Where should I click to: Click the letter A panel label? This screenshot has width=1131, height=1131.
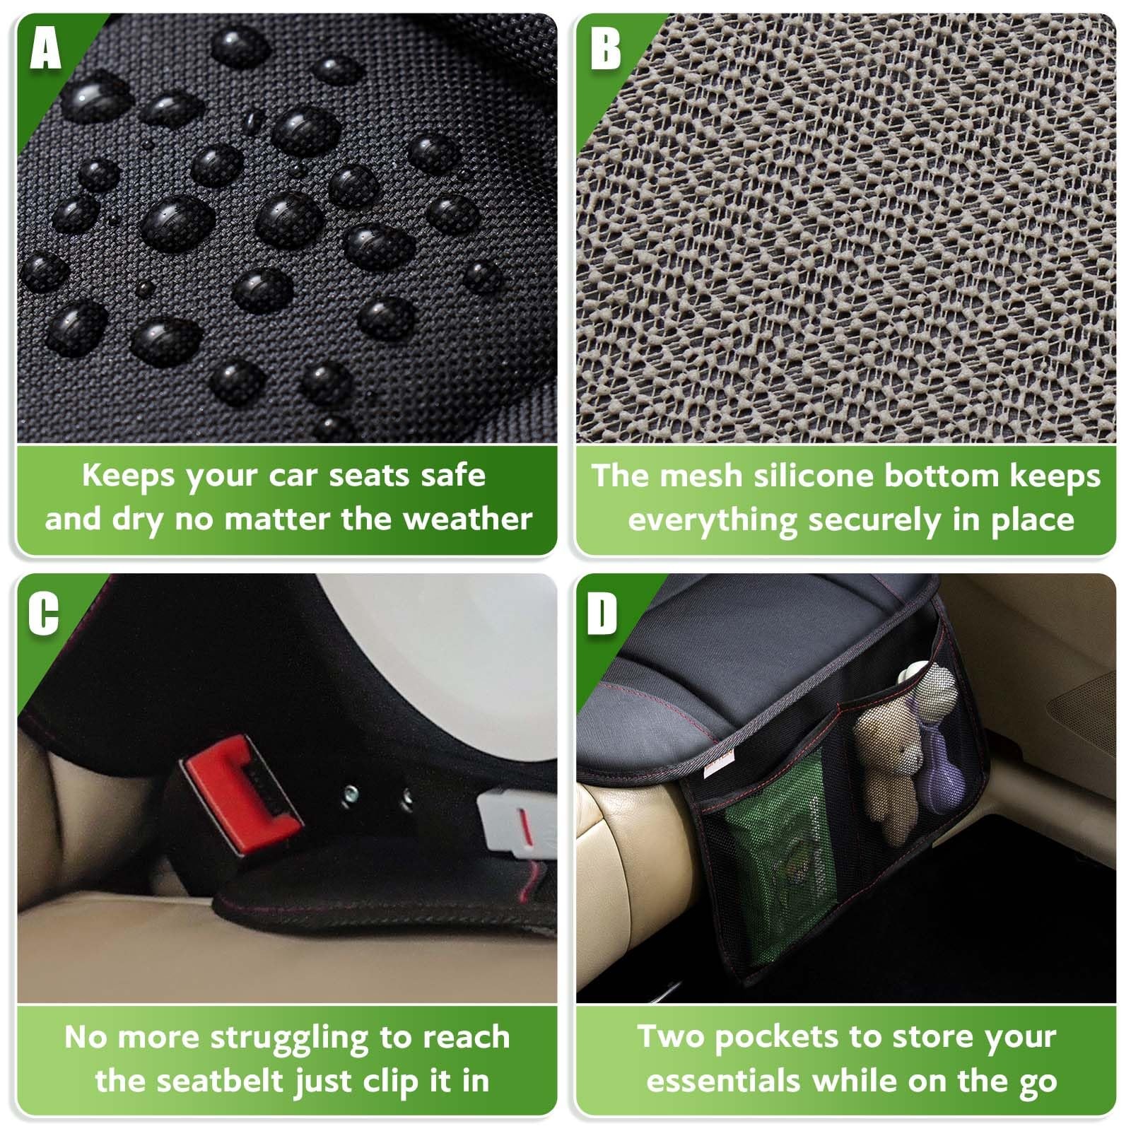coord(45,48)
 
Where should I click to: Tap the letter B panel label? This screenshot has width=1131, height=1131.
coord(606,48)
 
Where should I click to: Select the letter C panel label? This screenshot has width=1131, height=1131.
coord(44,612)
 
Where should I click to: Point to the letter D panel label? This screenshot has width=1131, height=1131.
coord(603,612)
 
